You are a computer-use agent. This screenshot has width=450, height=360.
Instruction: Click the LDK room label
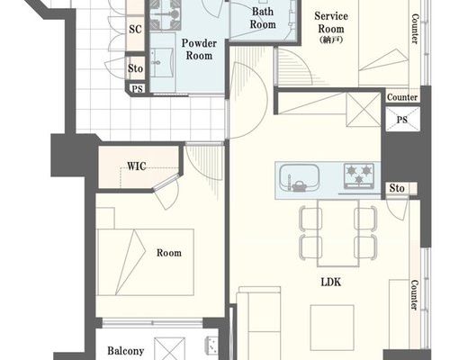tap(331, 283)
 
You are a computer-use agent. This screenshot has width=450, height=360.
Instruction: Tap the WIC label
tap(137, 166)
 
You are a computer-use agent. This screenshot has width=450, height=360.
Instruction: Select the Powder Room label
tap(199, 49)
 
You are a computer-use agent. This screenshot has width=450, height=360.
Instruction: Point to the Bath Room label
tap(263, 18)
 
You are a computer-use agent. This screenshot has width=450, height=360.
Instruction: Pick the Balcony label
tap(126, 351)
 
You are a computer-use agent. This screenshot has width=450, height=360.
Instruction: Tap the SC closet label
tap(135, 30)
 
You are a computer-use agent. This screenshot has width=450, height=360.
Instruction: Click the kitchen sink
tap(299, 178)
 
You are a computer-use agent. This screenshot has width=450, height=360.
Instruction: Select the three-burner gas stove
tap(359, 175)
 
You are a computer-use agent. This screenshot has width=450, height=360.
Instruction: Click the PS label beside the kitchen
tap(402, 120)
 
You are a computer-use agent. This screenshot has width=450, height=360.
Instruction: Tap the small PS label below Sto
tap(138, 89)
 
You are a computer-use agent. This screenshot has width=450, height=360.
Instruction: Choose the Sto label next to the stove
tap(397, 188)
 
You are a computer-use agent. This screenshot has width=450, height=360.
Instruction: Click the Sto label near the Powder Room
tap(135, 68)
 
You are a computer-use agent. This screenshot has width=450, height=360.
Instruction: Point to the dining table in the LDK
tap(338, 233)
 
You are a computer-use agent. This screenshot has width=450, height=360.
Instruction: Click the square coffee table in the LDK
tap(332, 328)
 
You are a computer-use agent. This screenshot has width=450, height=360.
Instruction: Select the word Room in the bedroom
tap(169, 253)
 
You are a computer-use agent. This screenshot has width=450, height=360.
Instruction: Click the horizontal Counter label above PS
tap(402, 97)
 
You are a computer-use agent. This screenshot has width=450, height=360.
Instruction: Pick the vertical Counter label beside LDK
tap(414, 295)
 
